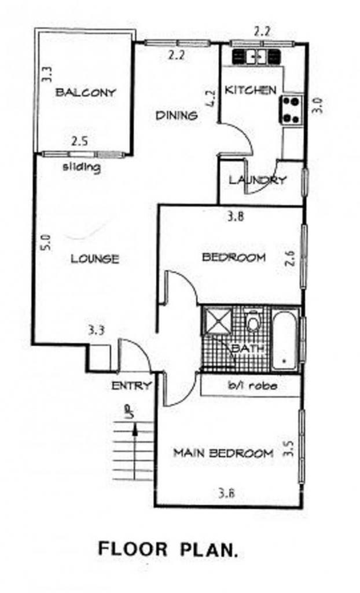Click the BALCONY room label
point(85,92)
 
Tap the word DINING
point(177,115)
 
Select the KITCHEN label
point(251,90)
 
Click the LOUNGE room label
point(95,259)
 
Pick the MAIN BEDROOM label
point(223,453)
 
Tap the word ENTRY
point(131,386)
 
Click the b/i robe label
point(252,385)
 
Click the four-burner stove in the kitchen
point(291,110)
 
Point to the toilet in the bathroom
point(252,321)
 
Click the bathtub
point(285,341)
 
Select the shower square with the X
point(217,320)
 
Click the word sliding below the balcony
point(82,167)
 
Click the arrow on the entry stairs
point(135,435)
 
